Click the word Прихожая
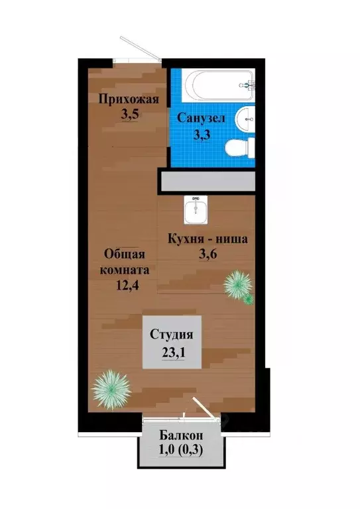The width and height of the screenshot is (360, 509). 129,100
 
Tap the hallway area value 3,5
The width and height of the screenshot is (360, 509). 129,114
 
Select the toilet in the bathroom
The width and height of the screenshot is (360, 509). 239,148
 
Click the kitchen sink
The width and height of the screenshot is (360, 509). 196,211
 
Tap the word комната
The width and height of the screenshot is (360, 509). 125,270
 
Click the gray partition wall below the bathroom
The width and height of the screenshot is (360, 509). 206,180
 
